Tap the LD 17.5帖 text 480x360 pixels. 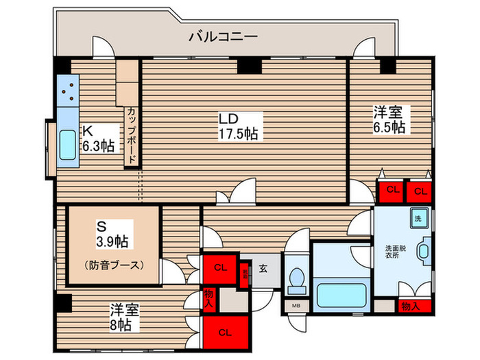[x=238, y=125]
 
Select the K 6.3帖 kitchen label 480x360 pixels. [x=99, y=138]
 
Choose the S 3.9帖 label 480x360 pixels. [x=112, y=234]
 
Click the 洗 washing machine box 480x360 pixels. [x=418, y=219]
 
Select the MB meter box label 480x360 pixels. [x=296, y=307]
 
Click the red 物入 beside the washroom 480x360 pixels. [x=411, y=307]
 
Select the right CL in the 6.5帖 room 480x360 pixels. [x=419, y=190]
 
